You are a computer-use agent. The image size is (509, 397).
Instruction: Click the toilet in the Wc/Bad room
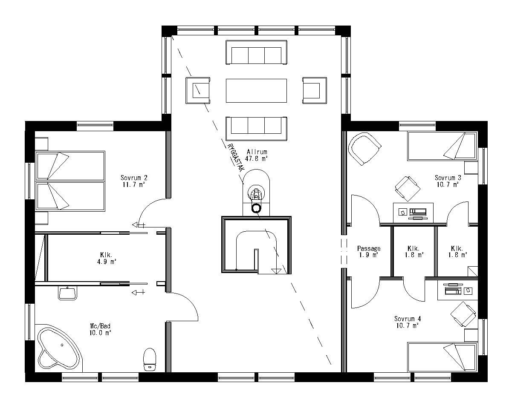(150, 359)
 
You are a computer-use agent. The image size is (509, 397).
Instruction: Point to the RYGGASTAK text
(236, 157)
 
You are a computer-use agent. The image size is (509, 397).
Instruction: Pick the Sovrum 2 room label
(133, 181)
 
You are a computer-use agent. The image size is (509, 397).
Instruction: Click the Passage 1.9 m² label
(369, 252)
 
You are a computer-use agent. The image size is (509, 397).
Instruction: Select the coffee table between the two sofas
(256, 90)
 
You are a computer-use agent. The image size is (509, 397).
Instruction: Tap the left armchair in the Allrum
(198, 90)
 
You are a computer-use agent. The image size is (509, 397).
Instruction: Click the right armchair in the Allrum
(315, 90)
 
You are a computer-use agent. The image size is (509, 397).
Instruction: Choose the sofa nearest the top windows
(256, 53)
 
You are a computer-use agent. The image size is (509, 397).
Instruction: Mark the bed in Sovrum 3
(442, 146)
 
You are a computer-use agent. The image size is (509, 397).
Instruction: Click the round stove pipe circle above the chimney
(256, 208)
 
